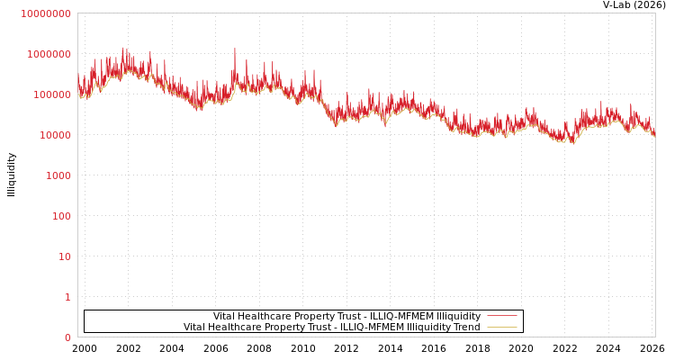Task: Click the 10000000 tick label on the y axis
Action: click(x=45, y=13)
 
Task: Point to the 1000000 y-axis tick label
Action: click(x=49, y=54)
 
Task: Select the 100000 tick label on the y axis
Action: click(x=51, y=94)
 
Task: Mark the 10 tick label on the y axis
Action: click(x=64, y=256)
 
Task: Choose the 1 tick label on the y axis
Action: click(x=67, y=297)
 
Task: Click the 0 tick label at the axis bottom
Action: click(x=67, y=337)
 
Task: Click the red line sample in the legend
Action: click(x=501, y=316)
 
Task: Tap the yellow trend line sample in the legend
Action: click(x=501, y=327)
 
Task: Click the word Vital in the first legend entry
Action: click(x=224, y=316)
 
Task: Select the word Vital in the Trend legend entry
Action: click(x=194, y=327)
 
